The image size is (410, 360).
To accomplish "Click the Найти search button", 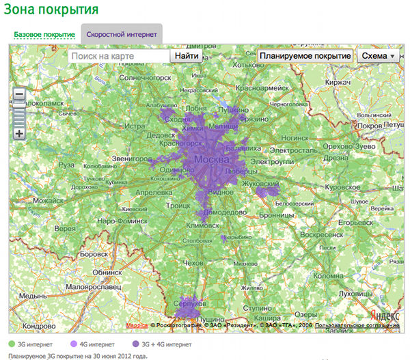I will click(187, 56).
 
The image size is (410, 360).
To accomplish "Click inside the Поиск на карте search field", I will click(118, 56).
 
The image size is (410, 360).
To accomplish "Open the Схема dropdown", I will click(379, 56).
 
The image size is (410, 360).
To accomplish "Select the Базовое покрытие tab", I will click(44, 34).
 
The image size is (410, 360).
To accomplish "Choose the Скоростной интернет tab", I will click(122, 34).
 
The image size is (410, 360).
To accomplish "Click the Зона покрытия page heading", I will click(52, 10).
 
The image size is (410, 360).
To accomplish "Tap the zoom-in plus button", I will click(19, 134).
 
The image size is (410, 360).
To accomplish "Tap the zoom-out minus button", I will click(19, 94).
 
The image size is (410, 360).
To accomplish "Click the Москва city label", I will click(211, 159).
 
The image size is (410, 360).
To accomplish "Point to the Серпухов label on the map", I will click(189, 301).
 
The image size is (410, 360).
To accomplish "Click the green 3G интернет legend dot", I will click(13, 344).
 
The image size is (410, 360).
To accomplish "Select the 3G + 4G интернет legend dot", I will click(136, 344).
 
